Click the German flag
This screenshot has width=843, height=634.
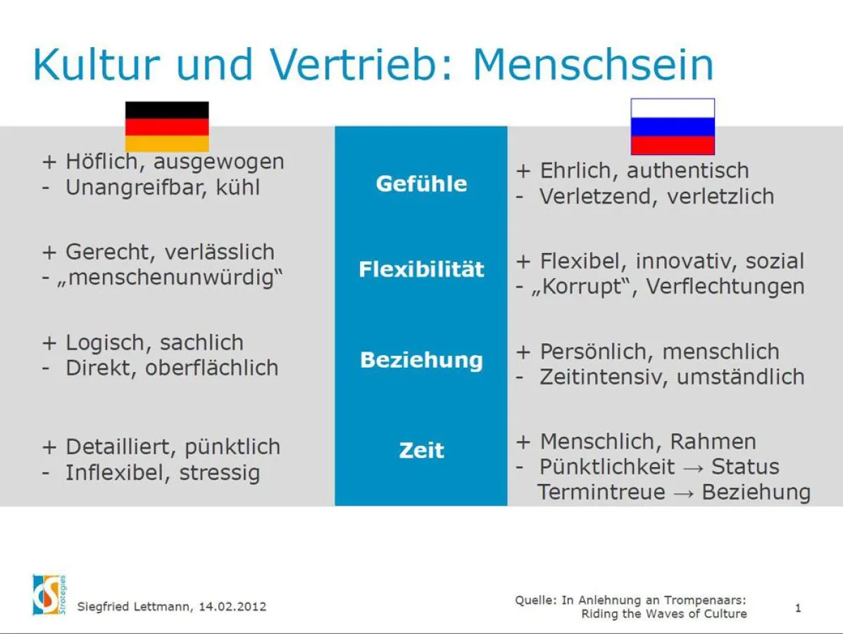pyautogui.click(x=167, y=127)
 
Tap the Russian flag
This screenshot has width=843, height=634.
pyautogui.click(x=673, y=127)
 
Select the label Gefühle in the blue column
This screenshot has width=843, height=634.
pyautogui.click(x=421, y=184)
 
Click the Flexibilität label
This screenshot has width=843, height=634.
pyautogui.click(x=421, y=269)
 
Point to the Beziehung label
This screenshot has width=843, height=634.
pyautogui.click(x=421, y=360)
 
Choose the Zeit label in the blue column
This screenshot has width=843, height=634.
pyautogui.click(x=421, y=450)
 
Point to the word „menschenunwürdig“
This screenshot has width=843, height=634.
pyautogui.click(x=169, y=278)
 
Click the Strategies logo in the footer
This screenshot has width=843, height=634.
pyautogui.click(x=49, y=595)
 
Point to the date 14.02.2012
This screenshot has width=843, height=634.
pyautogui.click(x=232, y=607)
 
